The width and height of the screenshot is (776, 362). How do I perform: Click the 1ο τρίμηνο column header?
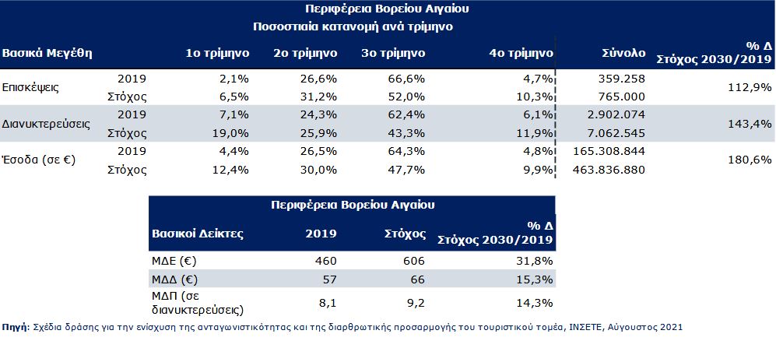point(217,54)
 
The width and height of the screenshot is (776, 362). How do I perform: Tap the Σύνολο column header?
point(623,54)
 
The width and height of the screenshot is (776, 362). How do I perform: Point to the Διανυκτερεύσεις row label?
point(46,124)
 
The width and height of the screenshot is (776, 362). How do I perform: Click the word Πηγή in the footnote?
point(15,328)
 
